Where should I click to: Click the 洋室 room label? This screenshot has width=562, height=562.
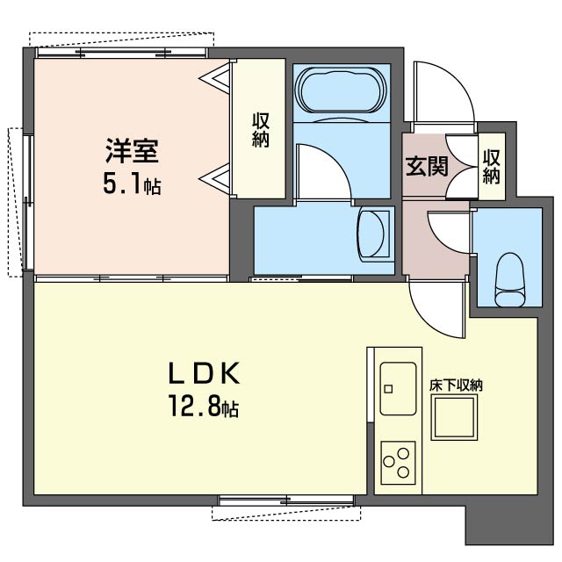(132, 151)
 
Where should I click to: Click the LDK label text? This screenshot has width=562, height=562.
(204, 374)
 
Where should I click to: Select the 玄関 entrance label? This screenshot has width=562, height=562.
(426, 166)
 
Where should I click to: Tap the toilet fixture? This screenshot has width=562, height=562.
(509, 277)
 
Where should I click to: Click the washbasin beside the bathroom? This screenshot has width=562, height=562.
(375, 233)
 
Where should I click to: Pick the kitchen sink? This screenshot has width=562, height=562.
(400, 387)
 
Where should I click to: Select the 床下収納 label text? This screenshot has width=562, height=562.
(456, 384)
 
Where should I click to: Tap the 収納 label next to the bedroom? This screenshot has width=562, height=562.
(260, 129)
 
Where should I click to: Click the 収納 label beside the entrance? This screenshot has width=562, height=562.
(491, 167)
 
